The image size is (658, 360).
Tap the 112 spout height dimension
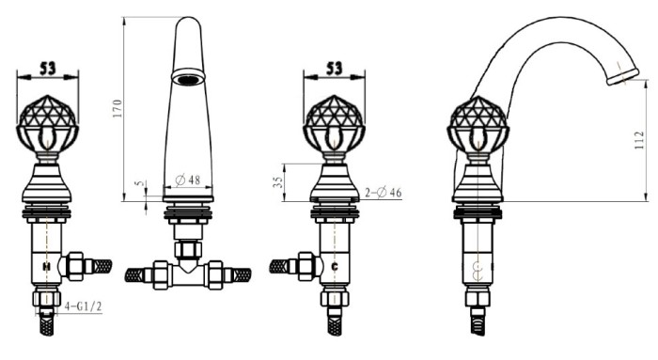point(639,140)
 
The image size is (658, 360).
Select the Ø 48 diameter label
point(188,180)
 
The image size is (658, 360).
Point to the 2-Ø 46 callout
point(384,193)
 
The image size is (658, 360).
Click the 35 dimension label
point(278,181)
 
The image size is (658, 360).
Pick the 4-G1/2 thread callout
point(83,306)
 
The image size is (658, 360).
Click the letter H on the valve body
point(47,266)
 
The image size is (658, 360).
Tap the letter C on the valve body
point(335,266)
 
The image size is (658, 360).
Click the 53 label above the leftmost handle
point(47,68)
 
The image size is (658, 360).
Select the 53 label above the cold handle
point(334,68)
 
